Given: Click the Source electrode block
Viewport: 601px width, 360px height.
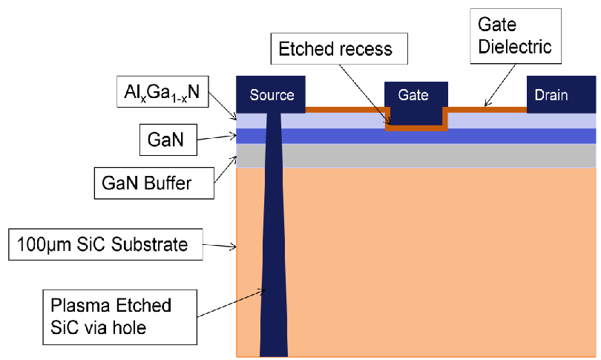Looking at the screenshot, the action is (x=271, y=94).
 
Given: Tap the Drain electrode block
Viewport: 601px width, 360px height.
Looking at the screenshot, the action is (x=561, y=94).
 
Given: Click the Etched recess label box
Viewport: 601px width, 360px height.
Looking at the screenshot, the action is (x=339, y=49).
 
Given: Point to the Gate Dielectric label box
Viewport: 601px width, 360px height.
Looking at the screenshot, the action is (x=516, y=36).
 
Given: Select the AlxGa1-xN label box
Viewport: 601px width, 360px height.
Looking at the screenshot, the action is (x=162, y=91).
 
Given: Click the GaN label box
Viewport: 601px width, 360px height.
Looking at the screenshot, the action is (x=168, y=140).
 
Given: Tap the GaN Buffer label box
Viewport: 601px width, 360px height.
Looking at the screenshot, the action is (x=154, y=183).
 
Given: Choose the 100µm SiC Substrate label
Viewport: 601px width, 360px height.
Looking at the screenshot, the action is (x=105, y=245).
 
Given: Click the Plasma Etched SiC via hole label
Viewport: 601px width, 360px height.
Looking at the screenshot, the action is (x=120, y=317).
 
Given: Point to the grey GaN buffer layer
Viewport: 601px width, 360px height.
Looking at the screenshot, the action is (x=416, y=156).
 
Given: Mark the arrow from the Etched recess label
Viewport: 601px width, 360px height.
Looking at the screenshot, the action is (x=365, y=95).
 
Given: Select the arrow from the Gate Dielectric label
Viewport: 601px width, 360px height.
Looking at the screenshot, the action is (x=500, y=85).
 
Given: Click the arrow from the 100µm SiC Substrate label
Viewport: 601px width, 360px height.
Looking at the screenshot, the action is (x=220, y=246).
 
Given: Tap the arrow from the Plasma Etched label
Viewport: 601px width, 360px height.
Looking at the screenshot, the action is (x=231, y=304).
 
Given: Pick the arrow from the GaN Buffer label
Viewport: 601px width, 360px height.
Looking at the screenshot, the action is (x=226, y=169).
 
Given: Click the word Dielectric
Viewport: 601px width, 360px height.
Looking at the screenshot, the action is (x=515, y=47).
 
